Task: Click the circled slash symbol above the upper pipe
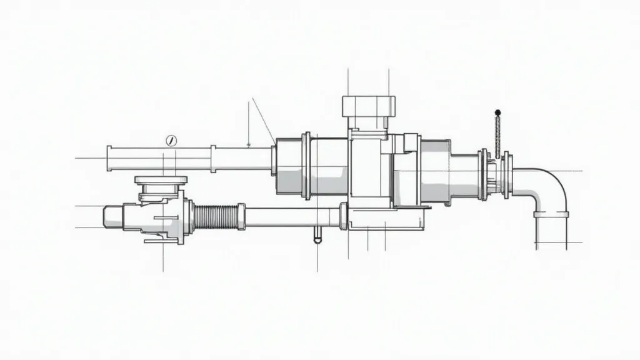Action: point(170,141)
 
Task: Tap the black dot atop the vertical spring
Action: point(497,113)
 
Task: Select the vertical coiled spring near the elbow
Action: point(497,137)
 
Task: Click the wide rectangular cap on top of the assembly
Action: point(369,106)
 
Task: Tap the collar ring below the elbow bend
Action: point(551,214)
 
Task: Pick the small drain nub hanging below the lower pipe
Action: point(317,234)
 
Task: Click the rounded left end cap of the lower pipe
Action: point(112,217)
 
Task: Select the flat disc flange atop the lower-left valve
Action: point(161,181)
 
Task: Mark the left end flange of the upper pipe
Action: point(109,159)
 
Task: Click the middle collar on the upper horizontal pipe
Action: point(213,159)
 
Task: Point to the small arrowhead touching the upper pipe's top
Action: point(249,145)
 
